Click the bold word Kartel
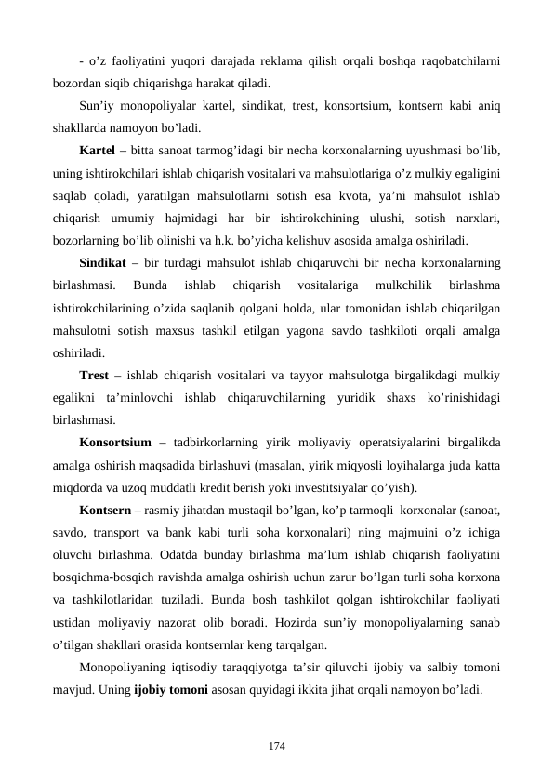point(97,151)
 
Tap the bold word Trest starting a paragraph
point(96,376)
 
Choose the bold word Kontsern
point(105,511)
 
